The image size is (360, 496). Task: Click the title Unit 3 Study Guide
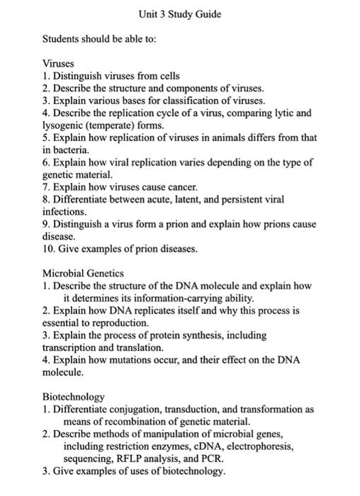(180, 13)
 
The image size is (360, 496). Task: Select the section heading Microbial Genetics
(83, 273)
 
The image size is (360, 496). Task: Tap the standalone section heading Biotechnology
(73, 396)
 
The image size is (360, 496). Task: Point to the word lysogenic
(64, 125)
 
